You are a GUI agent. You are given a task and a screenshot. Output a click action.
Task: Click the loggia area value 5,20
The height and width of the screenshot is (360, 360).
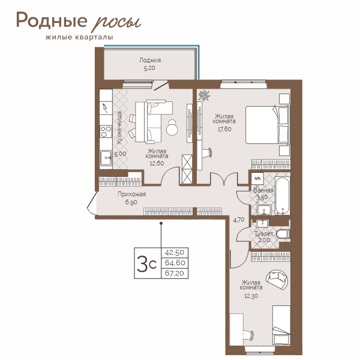149,68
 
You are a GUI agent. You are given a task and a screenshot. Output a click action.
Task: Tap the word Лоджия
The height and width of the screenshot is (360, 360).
150,61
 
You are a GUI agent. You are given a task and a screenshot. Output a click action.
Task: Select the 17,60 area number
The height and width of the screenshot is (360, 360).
224,129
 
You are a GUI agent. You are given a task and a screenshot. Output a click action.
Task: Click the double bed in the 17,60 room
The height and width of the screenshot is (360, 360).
268,125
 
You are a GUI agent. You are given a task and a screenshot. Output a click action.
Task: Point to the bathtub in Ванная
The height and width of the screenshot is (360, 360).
283,196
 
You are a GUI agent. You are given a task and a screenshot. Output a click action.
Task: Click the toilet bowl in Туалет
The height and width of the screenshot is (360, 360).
283,235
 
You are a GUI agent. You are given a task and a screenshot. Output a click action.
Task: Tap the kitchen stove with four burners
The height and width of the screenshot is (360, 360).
106,131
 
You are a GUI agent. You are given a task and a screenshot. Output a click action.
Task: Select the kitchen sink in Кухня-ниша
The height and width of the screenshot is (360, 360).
106,158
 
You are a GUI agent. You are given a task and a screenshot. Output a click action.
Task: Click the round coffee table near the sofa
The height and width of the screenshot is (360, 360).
172,128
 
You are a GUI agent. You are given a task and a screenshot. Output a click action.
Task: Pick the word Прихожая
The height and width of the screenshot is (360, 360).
131,194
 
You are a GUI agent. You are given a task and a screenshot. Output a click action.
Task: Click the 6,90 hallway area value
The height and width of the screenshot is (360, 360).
131,202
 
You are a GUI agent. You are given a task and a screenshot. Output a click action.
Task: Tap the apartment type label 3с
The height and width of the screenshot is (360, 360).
147,263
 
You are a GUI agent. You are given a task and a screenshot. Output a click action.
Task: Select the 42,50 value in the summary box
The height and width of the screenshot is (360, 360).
175,253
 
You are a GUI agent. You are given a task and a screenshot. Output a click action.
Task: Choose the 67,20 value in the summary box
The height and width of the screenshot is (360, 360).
175,273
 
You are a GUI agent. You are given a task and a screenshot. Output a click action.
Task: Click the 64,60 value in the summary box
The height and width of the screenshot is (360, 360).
175,263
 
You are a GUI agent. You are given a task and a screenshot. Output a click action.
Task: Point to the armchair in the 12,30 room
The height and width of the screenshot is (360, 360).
277,279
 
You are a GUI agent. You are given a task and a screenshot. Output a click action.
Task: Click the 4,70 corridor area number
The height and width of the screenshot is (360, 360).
239,220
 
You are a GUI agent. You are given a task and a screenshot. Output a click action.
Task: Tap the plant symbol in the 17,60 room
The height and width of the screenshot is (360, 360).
204,95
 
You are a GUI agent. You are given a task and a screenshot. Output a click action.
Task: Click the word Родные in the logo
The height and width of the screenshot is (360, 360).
52,21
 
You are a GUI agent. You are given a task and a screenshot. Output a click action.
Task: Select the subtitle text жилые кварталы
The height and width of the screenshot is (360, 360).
79,37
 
